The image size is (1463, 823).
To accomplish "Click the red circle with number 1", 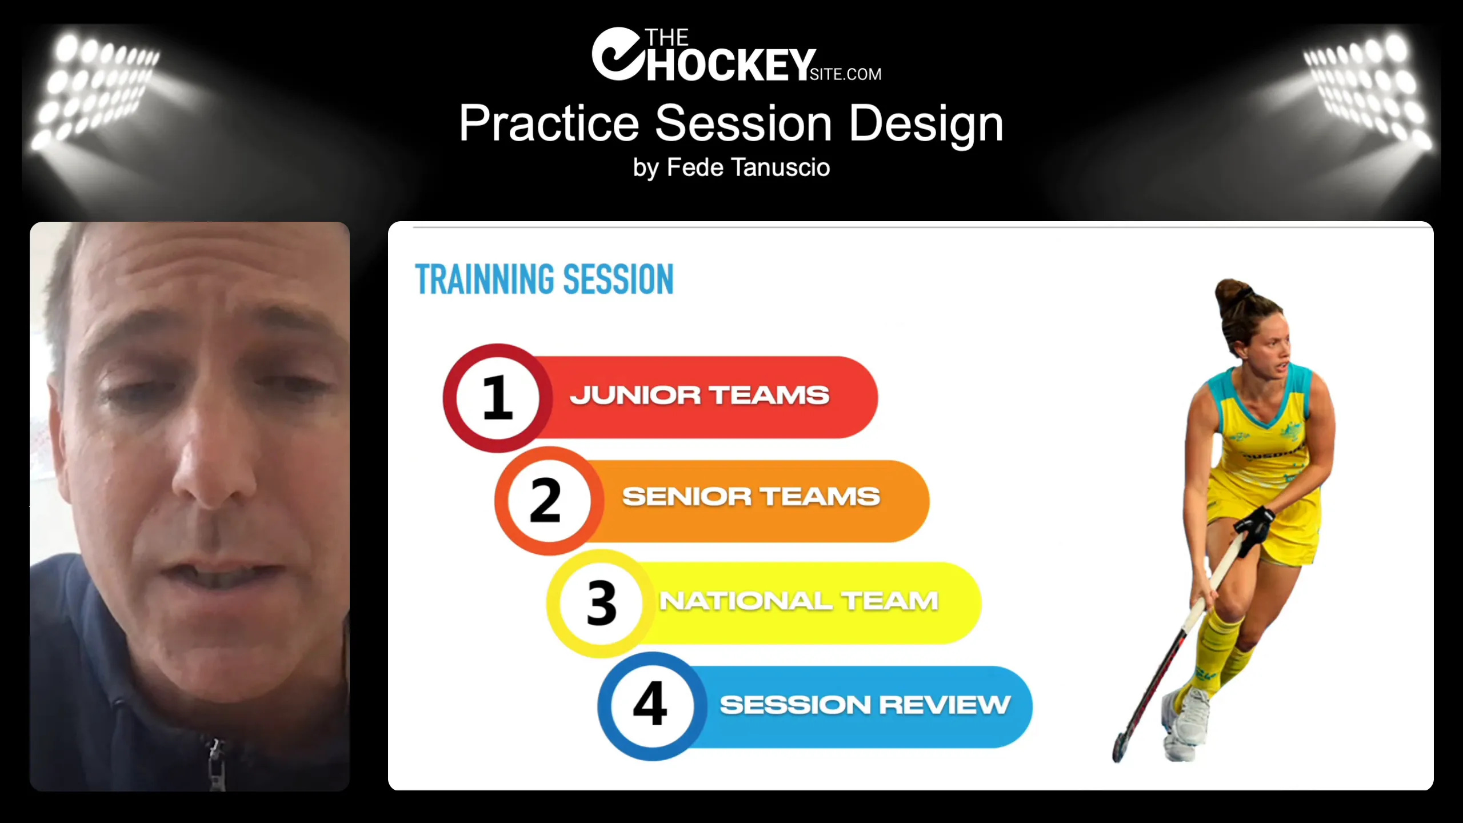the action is click(x=498, y=398).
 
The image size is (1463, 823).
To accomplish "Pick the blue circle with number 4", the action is click(x=652, y=706).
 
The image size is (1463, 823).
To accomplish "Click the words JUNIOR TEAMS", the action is click(x=699, y=395).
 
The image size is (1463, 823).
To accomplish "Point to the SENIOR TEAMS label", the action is click(x=751, y=497).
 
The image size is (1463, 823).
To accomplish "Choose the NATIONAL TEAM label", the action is click(x=799, y=601).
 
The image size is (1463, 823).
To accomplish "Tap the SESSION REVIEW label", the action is click(x=865, y=705).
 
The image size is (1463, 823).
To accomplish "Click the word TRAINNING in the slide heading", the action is click(x=485, y=279).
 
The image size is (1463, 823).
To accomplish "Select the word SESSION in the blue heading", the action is click(x=618, y=279).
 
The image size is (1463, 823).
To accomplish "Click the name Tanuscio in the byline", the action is click(x=781, y=167).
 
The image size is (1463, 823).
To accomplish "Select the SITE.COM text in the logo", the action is click(x=846, y=74).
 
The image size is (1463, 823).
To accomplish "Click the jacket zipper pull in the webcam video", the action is click(x=215, y=749).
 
